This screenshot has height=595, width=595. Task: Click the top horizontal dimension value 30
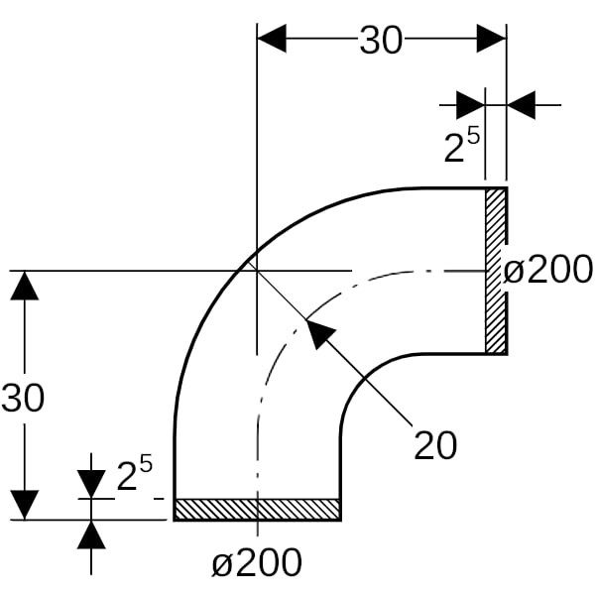point(381,40)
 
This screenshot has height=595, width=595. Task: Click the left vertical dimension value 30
point(23,398)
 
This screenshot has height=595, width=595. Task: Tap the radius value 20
point(435,445)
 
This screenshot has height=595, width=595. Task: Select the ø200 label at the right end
point(547,270)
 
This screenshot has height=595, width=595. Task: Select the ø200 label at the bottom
point(257,561)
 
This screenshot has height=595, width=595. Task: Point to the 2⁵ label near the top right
point(462,146)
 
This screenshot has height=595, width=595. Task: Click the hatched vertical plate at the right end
point(496,271)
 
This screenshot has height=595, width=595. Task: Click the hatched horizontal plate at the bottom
point(257,510)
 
